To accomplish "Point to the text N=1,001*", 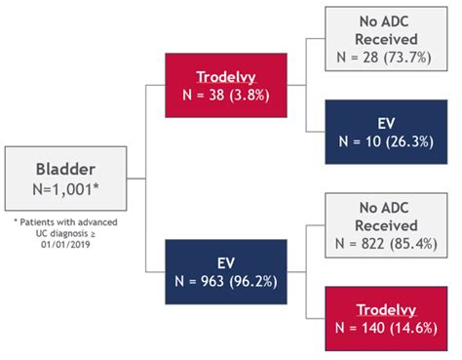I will tap(65, 189).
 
